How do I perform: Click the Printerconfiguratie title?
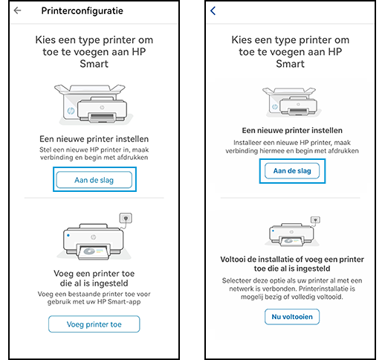pos(82,11)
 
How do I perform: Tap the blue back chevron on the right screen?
pos(213,11)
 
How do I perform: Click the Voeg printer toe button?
pos(94,324)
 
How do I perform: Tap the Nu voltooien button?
pos(291,317)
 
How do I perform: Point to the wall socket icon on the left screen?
pos(126,219)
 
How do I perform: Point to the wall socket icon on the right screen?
pos(317,221)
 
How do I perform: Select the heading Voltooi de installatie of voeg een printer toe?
pos(291,263)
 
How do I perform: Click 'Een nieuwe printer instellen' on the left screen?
pos(94,139)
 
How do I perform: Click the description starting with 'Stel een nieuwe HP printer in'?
pos(94,155)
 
